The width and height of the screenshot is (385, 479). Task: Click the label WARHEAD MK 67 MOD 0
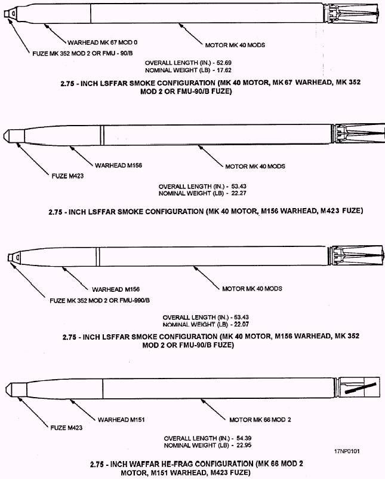[x=103, y=42]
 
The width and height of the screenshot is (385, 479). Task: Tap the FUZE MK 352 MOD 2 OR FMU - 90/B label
[x=82, y=53]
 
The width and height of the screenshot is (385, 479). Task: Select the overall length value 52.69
[x=224, y=63]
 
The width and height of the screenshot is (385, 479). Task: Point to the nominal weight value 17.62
[x=224, y=70]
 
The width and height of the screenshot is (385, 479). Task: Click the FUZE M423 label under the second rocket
[x=67, y=176]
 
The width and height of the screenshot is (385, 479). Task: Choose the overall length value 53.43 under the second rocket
[x=239, y=187]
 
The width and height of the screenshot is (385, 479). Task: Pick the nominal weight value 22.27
[x=239, y=193]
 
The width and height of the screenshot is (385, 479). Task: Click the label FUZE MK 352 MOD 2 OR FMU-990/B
[x=100, y=301]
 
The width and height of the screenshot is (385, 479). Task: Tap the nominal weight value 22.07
[x=241, y=324]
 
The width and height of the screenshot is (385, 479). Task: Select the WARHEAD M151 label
[x=121, y=419]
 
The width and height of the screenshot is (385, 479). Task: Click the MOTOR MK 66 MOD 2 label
[x=260, y=420]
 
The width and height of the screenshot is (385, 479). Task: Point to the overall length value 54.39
[x=244, y=438]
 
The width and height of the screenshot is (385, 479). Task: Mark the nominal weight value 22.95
[x=244, y=446]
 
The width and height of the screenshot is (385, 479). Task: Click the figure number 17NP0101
[x=347, y=451]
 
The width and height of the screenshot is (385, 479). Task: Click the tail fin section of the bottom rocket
[x=358, y=389]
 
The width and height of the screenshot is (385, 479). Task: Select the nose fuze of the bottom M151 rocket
[x=16, y=389]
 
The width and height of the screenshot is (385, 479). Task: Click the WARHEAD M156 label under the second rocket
[x=118, y=166]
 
